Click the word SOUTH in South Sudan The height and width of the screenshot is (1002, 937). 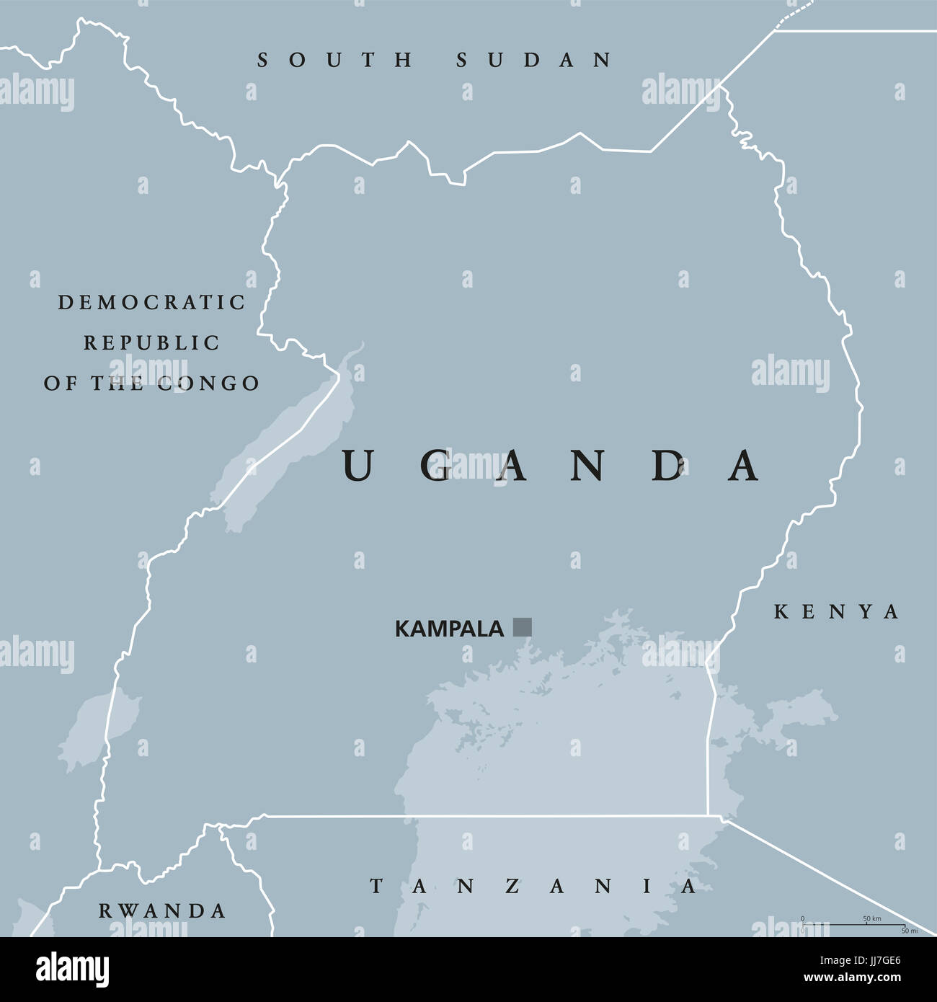335,60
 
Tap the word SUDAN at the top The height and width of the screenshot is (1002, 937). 534,60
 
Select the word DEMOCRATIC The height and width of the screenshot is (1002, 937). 152,303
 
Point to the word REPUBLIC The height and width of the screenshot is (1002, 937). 152,343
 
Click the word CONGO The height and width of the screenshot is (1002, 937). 208,383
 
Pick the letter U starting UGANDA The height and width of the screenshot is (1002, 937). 357,465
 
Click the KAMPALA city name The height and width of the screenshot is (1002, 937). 448,629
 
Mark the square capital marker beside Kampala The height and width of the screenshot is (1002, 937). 522,627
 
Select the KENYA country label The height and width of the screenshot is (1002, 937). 837,612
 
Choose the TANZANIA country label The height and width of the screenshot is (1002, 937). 533,886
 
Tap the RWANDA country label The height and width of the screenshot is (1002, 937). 162,911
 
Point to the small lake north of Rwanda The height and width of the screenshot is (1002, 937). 94,728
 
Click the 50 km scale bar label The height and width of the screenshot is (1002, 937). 871,919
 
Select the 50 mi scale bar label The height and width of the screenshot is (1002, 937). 909,931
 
